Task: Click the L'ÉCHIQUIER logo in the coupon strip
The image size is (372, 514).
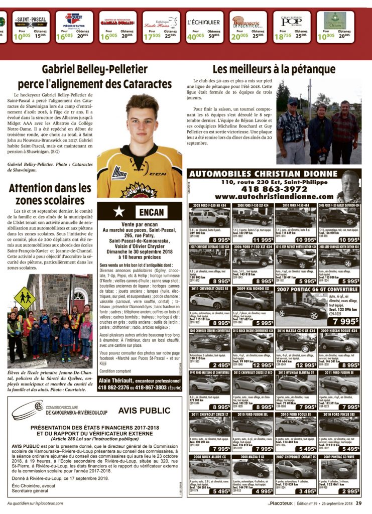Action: pos(203,22)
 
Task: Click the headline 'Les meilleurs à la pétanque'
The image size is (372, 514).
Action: pos(274,69)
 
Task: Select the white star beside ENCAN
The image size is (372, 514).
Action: pos(119,212)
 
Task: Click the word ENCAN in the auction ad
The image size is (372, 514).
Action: pos(152,212)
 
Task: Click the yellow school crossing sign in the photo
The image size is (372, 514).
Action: pos(25,298)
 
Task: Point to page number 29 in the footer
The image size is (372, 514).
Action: pos(359,503)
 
